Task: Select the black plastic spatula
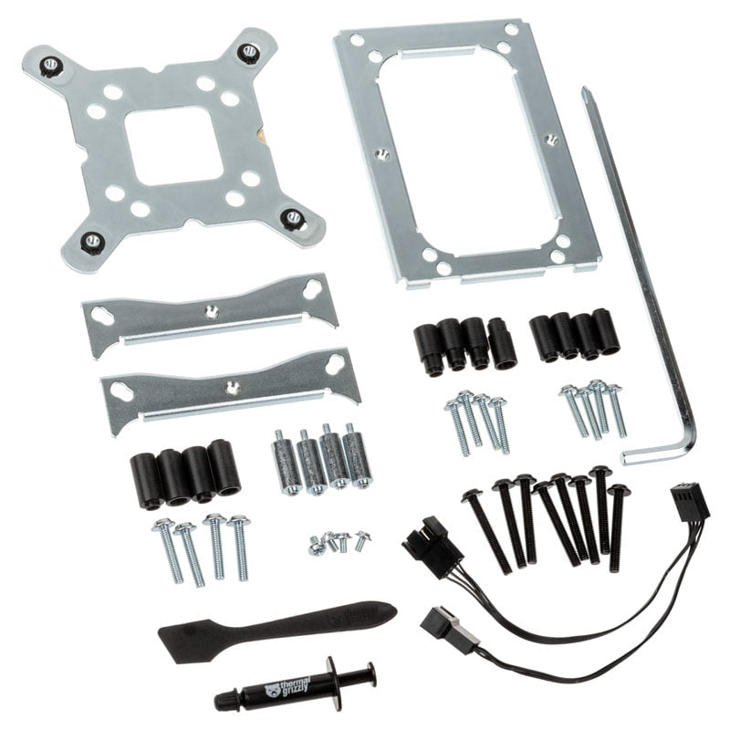coord(274,627)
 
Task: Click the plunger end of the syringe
coord(365,675)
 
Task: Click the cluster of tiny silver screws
coord(339,542)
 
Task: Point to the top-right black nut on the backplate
coord(248,52)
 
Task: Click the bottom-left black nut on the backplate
coord(92,241)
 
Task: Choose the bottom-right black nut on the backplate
coord(293,217)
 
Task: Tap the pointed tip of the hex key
coord(583,91)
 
